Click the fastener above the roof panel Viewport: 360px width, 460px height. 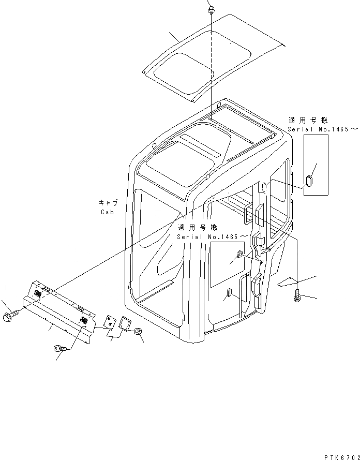point(212,9)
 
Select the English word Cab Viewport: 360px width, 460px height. point(107,212)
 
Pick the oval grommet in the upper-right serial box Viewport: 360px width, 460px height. point(309,181)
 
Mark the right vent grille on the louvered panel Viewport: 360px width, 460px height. point(83,321)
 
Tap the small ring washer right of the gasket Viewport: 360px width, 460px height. point(138,332)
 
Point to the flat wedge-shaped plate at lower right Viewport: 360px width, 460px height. point(287,282)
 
